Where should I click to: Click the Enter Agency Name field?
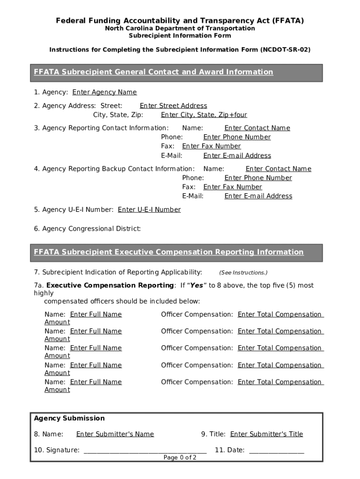point(104,92)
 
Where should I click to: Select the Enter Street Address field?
point(173,106)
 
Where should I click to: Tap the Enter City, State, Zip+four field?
point(204,115)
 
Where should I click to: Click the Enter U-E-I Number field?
point(149,210)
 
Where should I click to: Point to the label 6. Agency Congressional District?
point(87,229)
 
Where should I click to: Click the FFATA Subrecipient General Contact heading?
point(153,72)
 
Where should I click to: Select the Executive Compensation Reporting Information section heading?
point(168,252)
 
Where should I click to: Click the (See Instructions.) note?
point(243,273)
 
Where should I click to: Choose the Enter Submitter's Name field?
point(115,434)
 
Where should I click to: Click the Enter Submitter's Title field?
point(266,434)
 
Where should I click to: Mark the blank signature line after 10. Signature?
point(144,450)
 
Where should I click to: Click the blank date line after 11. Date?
point(276,450)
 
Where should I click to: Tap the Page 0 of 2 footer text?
point(180,457)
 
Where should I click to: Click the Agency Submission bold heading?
point(69,418)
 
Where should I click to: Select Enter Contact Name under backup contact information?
point(278,169)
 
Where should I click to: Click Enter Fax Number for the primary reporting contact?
point(211,146)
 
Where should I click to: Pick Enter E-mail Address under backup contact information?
point(258,196)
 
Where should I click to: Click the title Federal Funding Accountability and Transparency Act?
point(180,21)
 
